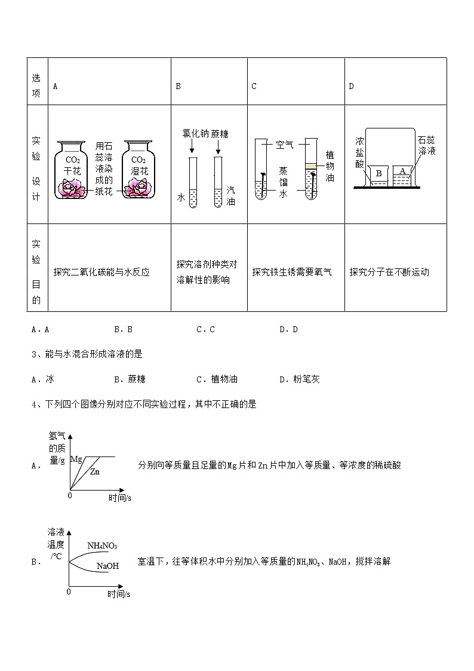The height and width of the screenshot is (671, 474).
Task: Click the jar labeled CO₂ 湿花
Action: tap(138, 170)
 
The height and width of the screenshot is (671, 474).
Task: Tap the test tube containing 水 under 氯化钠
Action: tap(192, 182)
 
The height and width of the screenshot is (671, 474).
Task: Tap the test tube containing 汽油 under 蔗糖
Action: tap(218, 182)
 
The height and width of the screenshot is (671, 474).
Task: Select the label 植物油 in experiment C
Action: tap(330, 166)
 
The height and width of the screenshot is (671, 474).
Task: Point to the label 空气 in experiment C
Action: tap(285, 145)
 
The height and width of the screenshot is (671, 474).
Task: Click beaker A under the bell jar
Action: tap(403, 174)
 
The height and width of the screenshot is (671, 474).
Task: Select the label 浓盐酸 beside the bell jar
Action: tap(359, 152)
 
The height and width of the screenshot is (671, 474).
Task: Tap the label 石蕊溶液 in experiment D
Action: tap(427, 145)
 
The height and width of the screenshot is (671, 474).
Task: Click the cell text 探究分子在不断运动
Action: tap(389, 272)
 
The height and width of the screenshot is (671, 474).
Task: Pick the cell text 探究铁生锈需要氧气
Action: tap(292, 272)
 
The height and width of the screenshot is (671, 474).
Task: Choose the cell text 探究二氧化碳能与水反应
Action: tap(101, 272)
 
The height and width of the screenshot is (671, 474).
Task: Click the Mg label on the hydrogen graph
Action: tap(76, 459)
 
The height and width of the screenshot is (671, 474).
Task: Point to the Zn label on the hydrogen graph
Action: tap(95, 471)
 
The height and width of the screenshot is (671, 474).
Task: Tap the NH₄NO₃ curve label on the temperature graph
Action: tap(102, 546)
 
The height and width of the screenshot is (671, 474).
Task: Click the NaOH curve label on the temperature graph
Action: tap(107, 565)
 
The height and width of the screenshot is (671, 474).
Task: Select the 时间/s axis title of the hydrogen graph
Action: tap(120, 497)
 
